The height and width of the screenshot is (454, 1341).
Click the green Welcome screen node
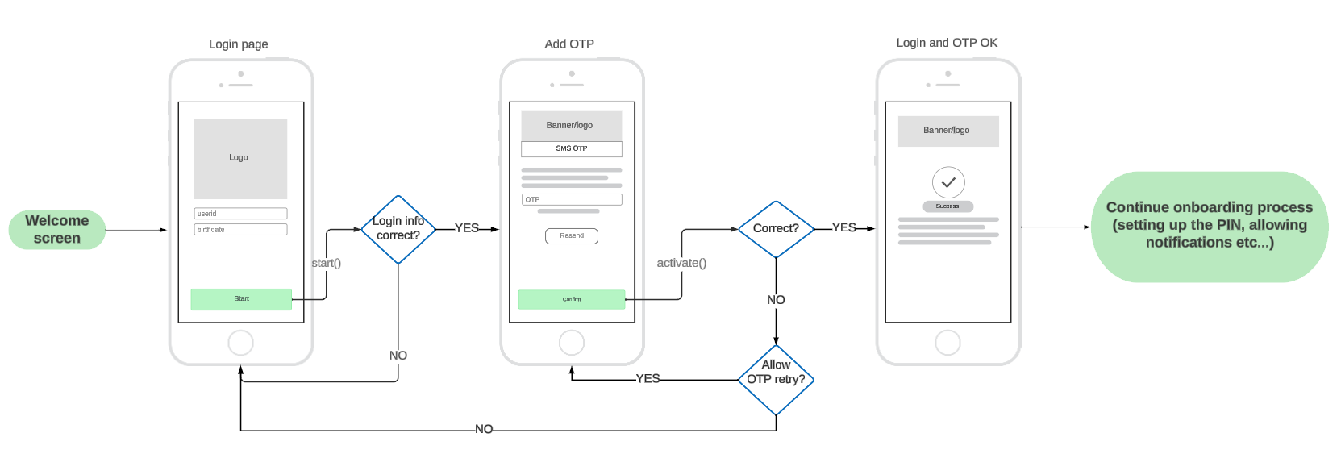56,230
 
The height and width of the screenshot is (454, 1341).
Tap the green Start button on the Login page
241,299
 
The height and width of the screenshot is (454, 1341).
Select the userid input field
240,214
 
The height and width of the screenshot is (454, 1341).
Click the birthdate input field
240,230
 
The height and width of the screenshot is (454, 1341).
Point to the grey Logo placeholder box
240,159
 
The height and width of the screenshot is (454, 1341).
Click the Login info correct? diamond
398,229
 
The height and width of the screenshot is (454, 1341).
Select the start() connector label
326,263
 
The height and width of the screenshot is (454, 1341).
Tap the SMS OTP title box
571,148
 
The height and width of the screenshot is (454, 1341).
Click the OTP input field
571,199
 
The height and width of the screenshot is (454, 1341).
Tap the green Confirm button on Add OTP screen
571,299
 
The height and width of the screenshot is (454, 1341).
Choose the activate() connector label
681,263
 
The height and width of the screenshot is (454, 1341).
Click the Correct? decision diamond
776,229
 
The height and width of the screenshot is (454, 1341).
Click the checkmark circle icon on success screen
948,182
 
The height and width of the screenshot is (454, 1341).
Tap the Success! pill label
948,206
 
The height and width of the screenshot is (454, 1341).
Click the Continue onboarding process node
1210,226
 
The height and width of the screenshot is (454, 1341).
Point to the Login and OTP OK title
947,43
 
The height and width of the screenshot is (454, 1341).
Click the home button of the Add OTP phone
572,343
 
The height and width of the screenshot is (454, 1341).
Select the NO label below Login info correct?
398,356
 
